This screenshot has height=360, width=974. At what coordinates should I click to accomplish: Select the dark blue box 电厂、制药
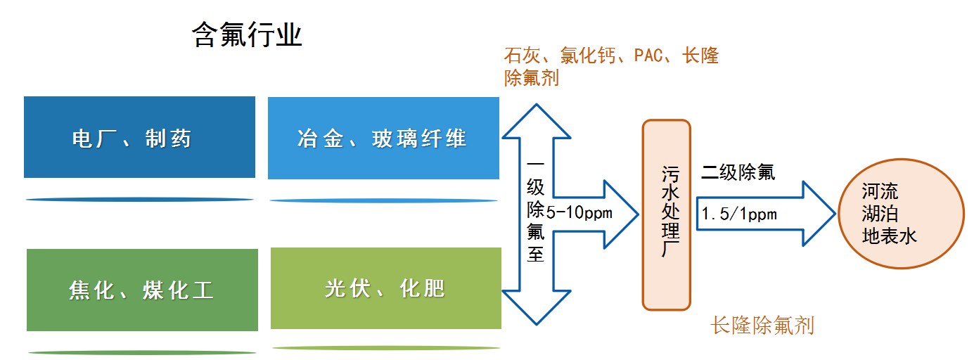(139, 137)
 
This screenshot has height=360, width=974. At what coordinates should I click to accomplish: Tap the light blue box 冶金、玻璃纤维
(383, 138)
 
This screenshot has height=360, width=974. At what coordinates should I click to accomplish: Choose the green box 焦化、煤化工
(142, 289)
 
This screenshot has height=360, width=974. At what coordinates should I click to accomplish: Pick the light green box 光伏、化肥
(385, 288)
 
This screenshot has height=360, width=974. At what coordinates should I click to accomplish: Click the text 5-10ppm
(579, 212)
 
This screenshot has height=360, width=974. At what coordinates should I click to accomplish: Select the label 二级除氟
(738, 172)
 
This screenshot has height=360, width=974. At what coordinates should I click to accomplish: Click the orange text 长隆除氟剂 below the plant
(762, 326)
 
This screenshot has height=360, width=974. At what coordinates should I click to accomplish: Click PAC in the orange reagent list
(649, 56)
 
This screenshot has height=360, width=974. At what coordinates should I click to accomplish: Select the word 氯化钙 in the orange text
(595, 56)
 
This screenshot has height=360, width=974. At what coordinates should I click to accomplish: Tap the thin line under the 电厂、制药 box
(139, 200)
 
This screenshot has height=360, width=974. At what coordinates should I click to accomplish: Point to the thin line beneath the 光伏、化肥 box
(385, 347)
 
